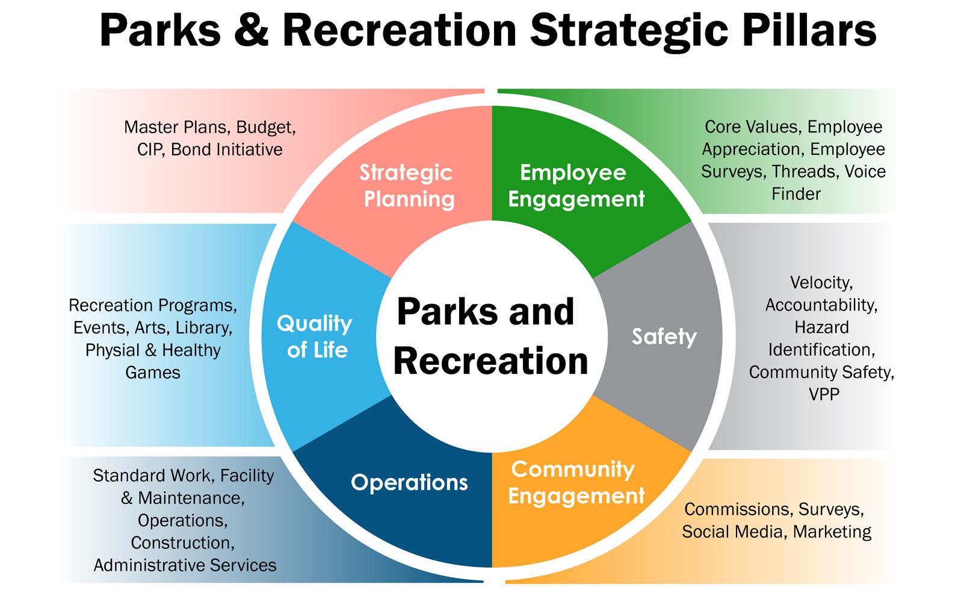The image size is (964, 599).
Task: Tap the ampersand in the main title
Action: [252, 30]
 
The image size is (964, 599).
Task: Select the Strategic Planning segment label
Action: [407, 185]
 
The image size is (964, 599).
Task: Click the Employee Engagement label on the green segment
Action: [576, 185]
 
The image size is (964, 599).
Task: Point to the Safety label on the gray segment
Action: [664, 337]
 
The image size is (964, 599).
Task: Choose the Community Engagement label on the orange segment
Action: [576, 482]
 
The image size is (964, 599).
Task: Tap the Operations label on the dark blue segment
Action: [409, 483]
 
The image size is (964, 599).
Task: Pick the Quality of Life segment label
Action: [315, 337]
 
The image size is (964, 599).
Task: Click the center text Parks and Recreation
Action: [490, 337]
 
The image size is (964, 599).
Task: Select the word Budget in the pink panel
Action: [265, 128]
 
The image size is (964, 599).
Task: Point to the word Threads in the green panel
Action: [805, 172]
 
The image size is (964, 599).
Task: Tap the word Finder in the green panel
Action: [796, 194]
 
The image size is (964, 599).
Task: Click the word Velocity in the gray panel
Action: [821, 284]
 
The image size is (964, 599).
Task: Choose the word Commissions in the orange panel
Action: [739, 510]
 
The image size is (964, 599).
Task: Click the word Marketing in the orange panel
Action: [832, 532]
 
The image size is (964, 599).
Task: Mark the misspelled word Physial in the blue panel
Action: [113, 350]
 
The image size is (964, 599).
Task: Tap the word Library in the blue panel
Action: [203, 328]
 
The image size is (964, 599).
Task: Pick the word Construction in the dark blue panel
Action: [182, 544]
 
